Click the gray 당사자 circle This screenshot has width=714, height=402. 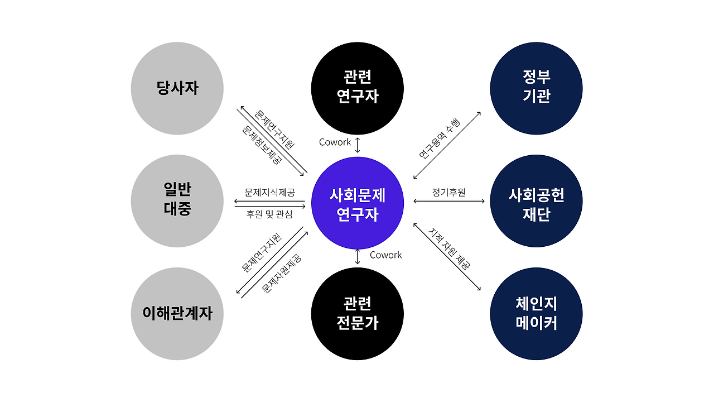pyautogui.click(x=177, y=88)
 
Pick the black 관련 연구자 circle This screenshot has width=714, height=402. pyautogui.click(x=358, y=88)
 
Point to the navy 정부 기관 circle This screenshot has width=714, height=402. pyautogui.click(x=536, y=88)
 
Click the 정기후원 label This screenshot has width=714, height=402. pyautogui.click(x=448, y=193)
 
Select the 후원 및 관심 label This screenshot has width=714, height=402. pyautogui.click(x=269, y=214)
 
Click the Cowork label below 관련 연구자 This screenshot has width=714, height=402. pyautogui.click(x=335, y=142)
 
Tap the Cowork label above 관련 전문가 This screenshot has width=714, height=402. pyautogui.click(x=385, y=255)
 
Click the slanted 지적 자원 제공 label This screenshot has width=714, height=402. pyautogui.click(x=450, y=248)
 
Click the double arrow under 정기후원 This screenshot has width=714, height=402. pyautogui.click(x=449, y=201)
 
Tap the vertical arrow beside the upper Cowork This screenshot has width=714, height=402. pyautogui.click(x=358, y=143)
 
